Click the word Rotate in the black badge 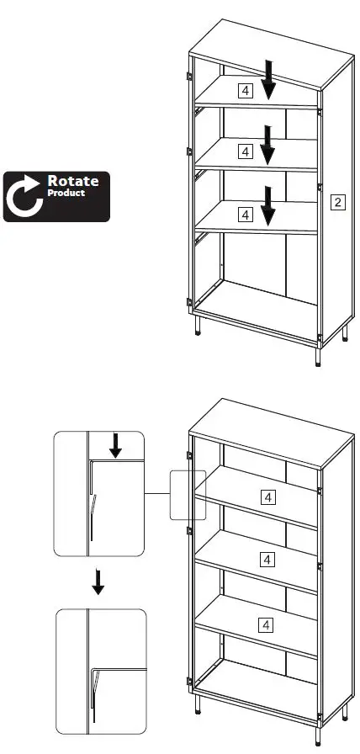click(72, 181)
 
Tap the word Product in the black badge click(66, 193)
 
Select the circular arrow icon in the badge click(24, 196)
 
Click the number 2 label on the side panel click(337, 201)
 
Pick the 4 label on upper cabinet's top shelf click(245, 89)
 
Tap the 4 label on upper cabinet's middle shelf click(245, 151)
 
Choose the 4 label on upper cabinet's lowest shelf click(245, 215)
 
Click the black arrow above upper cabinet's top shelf click(268, 79)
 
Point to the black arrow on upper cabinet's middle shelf click(268, 144)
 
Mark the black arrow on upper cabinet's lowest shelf click(268, 206)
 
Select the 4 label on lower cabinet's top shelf click(267, 497)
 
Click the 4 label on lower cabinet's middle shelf click(267, 559)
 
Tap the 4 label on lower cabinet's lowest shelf click(267, 624)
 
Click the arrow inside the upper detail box click(115, 447)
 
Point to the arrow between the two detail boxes click(98, 581)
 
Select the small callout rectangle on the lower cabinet click(187, 494)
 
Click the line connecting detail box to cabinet click(158, 494)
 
